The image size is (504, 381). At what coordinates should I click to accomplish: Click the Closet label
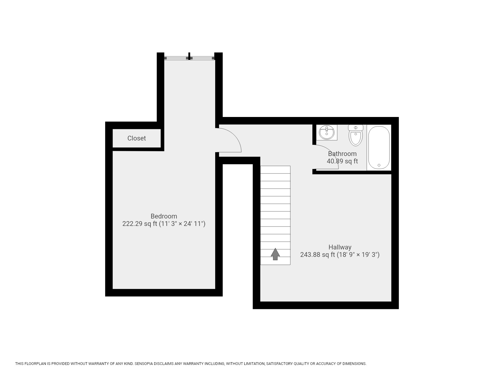pyautogui.click(x=136, y=138)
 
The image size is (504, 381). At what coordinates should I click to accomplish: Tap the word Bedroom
pyautogui.click(x=164, y=216)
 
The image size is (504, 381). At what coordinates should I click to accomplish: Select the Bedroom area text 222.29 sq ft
pyautogui.click(x=140, y=224)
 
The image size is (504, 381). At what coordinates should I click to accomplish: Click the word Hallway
pyautogui.click(x=340, y=247)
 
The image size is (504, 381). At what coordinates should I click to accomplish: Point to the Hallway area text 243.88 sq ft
pyautogui.click(x=317, y=255)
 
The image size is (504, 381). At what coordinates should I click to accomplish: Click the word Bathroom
pyautogui.click(x=342, y=154)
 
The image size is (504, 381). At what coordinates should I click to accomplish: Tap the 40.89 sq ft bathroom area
pyautogui.click(x=342, y=161)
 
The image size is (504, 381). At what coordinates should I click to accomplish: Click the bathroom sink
pyautogui.click(x=326, y=132)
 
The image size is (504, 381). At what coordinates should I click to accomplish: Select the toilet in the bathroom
pyautogui.click(x=356, y=138)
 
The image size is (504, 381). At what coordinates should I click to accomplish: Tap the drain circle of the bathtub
pyautogui.click(x=379, y=165)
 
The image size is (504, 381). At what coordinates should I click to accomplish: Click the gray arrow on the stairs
pyautogui.click(x=275, y=254)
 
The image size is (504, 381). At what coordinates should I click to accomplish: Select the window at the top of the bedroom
pyautogui.click(x=189, y=57)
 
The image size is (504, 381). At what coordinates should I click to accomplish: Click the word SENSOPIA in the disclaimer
pyautogui.click(x=146, y=364)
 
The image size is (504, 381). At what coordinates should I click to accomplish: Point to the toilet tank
pyautogui.click(x=356, y=128)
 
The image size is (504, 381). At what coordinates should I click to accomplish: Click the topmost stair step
pyautogui.click(x=275, y=169)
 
